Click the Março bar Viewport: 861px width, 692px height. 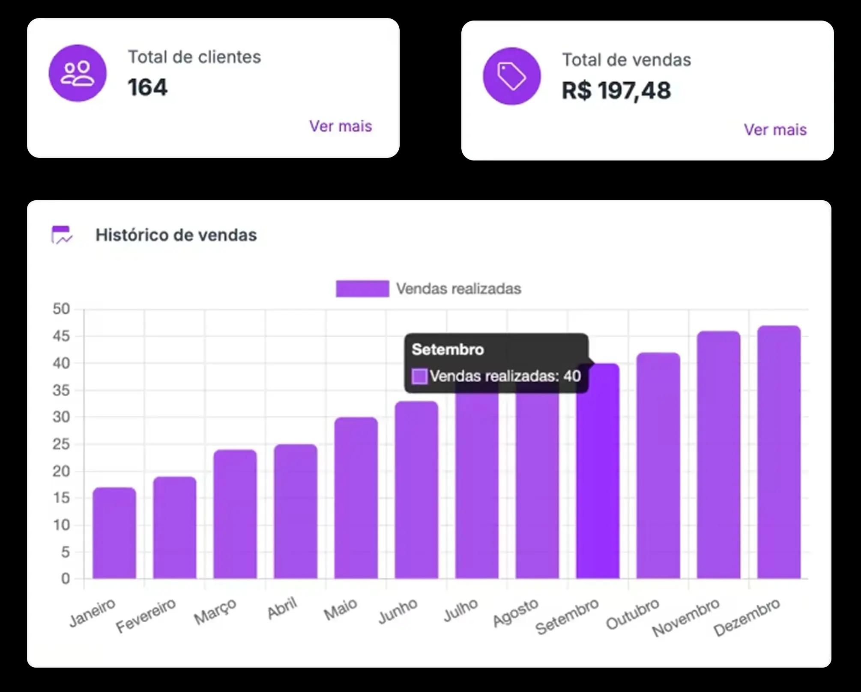coord(235,514)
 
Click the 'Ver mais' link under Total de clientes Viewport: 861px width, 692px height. coord(341,126)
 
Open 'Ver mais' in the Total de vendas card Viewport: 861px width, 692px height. coord(775,130)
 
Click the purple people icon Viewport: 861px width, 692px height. coord(78,73)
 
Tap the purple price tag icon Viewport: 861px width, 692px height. coord(511,76)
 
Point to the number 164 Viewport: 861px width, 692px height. coord(147,88)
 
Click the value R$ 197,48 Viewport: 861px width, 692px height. coord(616,91)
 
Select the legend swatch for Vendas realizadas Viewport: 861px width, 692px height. coord(362,289)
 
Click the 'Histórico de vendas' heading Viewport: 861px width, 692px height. coord(176,235)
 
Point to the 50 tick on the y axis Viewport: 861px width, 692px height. coord(61,309)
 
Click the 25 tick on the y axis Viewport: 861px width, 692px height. coord(61,444)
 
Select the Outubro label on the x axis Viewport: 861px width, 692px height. coord(632,614)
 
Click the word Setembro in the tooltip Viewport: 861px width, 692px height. coord(448,350)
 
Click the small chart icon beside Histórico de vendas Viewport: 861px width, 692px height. coord(61,235)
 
